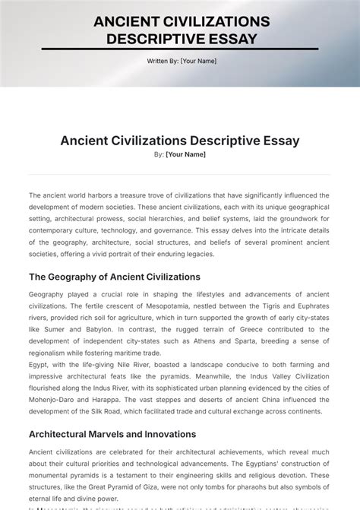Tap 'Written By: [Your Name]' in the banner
tap(182, 61)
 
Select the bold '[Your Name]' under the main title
tap(185, 154)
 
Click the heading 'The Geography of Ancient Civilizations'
tap(115, 277)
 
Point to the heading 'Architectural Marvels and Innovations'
tap(112, 435)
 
